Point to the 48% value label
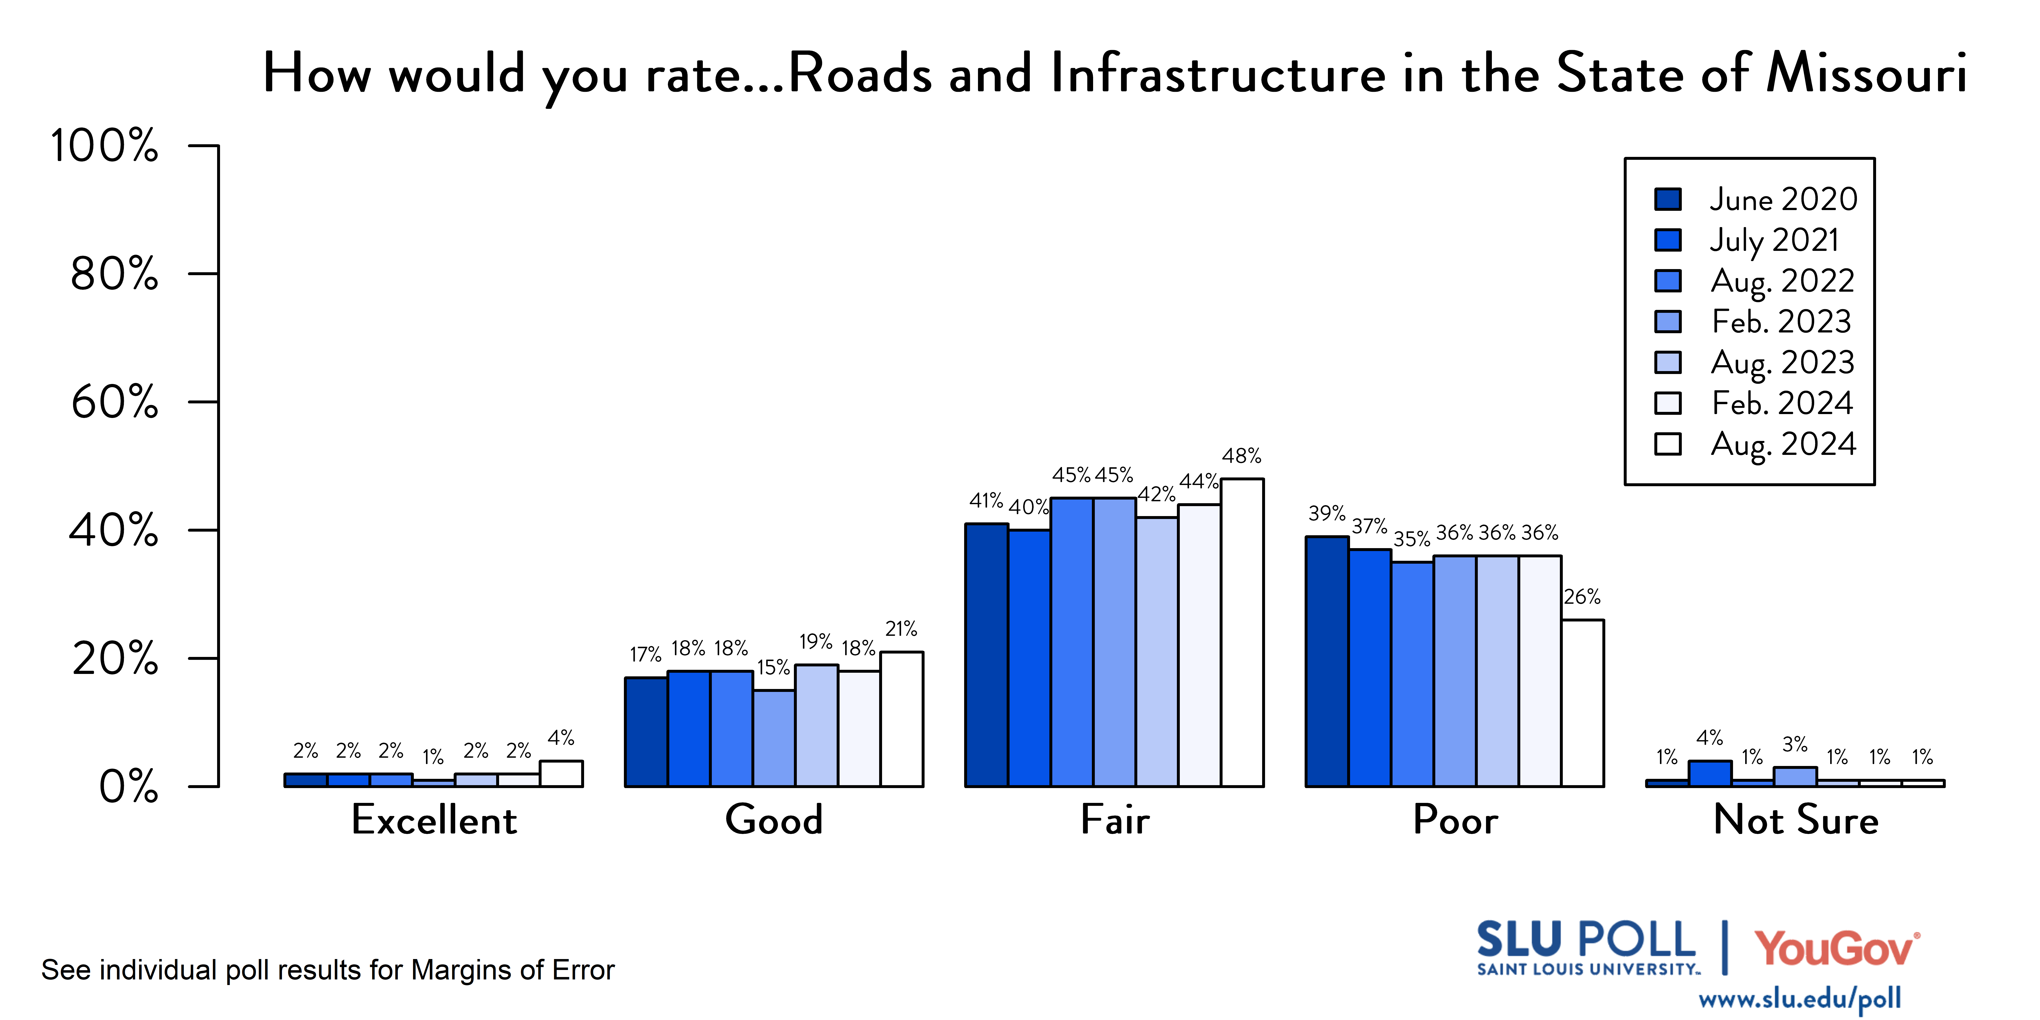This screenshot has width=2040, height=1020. (1241, 456)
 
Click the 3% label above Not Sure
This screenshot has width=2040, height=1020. (1794, 744)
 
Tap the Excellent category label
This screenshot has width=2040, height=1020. (434, 820)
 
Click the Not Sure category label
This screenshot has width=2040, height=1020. (1795, 820)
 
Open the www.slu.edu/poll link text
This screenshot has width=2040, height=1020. (1799, 999)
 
